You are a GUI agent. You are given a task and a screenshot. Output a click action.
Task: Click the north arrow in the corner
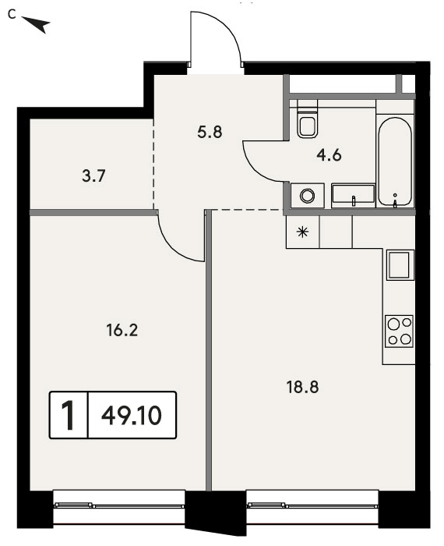37,23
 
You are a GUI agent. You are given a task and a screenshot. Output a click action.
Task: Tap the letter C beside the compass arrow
12,15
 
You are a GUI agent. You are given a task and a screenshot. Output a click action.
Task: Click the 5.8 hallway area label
210,133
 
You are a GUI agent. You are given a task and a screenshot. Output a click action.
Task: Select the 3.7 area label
93,175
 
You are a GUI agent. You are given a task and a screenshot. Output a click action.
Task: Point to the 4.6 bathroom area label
329,155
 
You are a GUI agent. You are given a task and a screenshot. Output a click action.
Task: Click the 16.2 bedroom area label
122,330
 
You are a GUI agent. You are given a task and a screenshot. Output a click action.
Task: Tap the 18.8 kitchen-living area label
302,387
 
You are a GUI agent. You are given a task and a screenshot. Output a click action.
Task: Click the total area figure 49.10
132,416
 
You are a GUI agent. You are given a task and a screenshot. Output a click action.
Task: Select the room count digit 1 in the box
68,416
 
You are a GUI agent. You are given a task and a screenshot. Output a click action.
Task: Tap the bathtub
395,162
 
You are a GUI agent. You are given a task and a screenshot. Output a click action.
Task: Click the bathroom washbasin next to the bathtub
354,196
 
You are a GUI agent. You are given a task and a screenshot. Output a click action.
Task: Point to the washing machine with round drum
308,195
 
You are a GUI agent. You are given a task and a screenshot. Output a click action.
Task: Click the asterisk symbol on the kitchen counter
303,232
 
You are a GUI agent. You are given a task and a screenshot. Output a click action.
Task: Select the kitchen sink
399,265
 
